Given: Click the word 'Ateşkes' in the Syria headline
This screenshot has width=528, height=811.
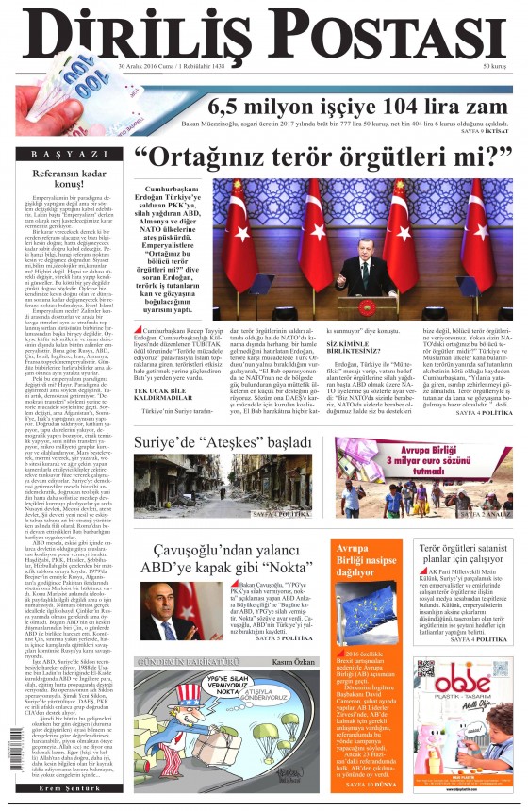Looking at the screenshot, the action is (x=237, y=441).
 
